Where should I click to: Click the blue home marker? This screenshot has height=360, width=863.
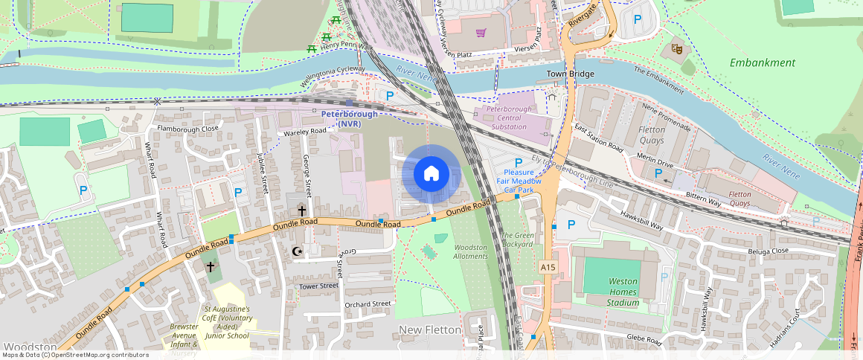(x=431, y=174)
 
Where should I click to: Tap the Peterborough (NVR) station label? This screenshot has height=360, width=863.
(x=349, y=118)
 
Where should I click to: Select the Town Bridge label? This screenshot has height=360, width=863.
(x=571, y=74)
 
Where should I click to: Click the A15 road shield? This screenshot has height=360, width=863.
(x=548, y=267)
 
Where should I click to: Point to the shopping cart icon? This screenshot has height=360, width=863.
(x=481, y=33)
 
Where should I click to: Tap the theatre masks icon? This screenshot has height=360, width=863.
(x=677, y=48)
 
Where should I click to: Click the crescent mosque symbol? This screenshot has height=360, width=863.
(x=298, y=251)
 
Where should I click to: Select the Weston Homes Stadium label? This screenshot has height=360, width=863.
(x=623, y=292)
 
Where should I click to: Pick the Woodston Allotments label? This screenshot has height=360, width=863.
(x=470, y=251)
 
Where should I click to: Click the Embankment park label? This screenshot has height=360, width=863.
(x=762, y=62)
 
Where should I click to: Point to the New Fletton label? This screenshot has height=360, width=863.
(x=430, y=330)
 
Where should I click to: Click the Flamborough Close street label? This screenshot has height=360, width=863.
(x=187, y=128)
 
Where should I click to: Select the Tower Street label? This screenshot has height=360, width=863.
(x=318, y=286)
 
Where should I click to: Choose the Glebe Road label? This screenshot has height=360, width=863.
(x=644, y=339)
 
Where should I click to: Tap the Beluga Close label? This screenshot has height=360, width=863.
(x=769, y=251)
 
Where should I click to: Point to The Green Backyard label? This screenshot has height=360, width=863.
(x=517, y=240)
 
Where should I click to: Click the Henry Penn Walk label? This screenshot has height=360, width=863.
(x=344, y=45)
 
